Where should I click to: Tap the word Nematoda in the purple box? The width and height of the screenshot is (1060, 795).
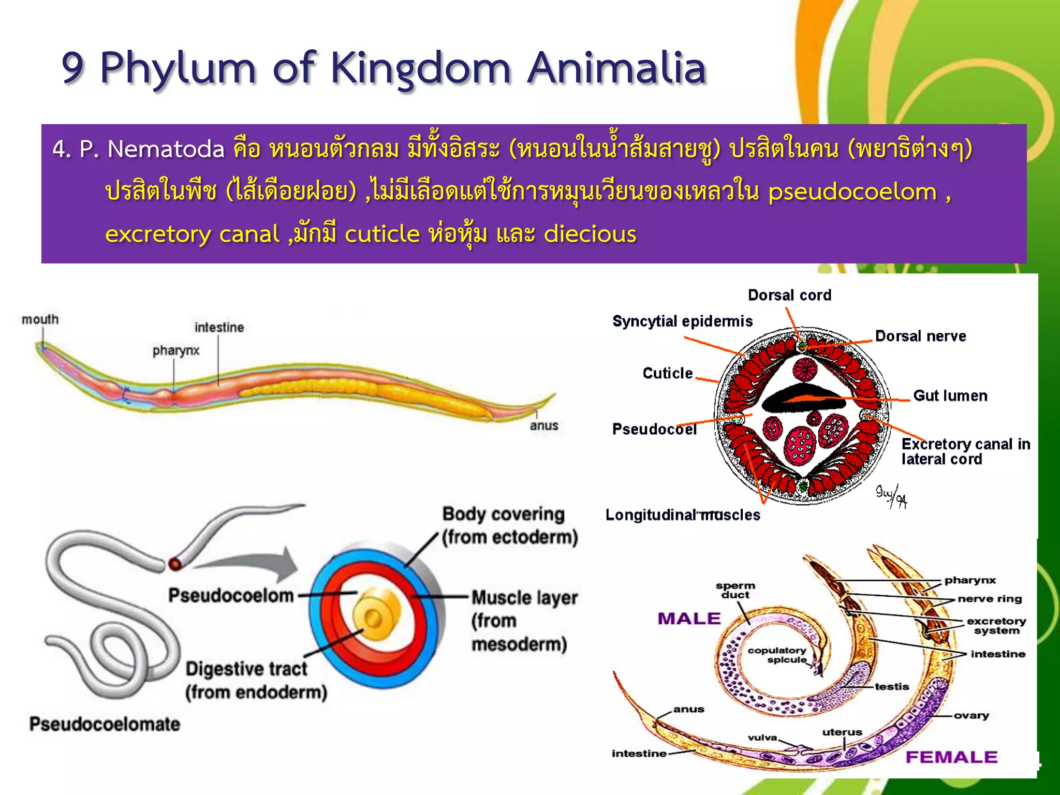[166, 150]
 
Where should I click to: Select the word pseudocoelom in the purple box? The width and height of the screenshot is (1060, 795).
[852, 192]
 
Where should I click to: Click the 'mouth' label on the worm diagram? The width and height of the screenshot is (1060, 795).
[40, 319]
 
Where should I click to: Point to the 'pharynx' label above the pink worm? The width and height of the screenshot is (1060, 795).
[175, 350]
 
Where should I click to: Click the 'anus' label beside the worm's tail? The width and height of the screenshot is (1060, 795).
[543, 425]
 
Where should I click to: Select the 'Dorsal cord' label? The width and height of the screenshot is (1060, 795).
[789, 295]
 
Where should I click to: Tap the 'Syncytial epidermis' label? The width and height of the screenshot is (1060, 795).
[682, 321]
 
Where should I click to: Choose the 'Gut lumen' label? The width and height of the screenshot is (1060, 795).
[950, 396]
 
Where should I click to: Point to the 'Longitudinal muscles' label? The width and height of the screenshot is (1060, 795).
[682, 515]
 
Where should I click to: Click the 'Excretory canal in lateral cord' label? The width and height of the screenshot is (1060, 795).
[965, 451]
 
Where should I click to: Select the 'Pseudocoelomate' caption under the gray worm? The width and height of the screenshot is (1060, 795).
[105, 724]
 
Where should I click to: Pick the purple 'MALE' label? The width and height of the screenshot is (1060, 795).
[689, 619]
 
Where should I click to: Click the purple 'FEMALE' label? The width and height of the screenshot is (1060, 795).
[951, 757]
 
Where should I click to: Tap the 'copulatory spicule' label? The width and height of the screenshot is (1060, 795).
[777, 655]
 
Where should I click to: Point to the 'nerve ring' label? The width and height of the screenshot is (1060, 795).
[989, 599]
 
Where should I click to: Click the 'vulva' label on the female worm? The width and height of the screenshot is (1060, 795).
[762, 738]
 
